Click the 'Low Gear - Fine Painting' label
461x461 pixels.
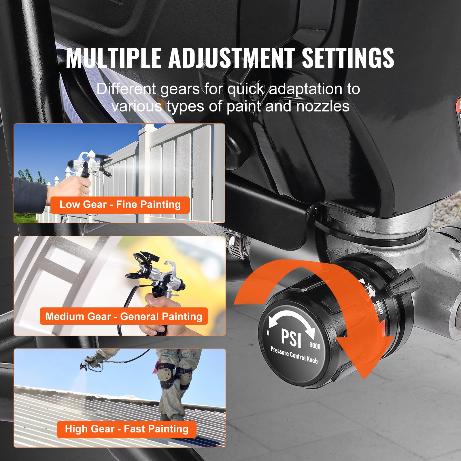120,205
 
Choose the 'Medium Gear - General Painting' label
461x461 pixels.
124,316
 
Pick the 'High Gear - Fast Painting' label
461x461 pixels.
127,429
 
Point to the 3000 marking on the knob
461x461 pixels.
315,345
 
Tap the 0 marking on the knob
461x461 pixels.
268,333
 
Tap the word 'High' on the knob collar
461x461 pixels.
379,307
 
